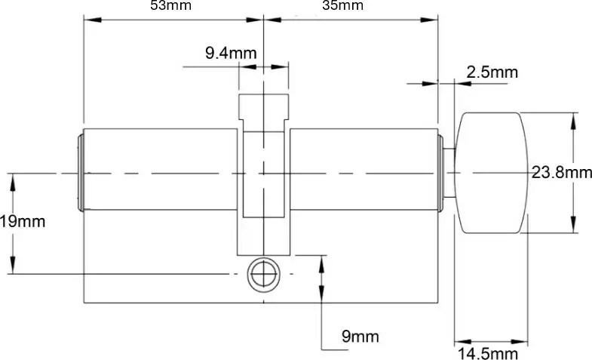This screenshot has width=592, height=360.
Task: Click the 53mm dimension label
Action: (170, 5)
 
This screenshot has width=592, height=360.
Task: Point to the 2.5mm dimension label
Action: (492, 72)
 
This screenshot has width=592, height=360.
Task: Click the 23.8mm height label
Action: (562, 173)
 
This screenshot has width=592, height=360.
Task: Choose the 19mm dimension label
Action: (23, 222)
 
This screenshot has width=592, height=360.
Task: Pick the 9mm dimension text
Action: (360, 336)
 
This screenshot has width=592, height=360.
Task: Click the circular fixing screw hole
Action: (262, 273)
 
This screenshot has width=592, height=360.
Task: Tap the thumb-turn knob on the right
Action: (491, 173)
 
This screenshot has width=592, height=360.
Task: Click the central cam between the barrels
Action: (262, 174)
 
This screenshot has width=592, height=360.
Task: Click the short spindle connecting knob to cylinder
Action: (449, 174)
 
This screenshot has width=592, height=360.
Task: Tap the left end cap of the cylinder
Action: (80, 173)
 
